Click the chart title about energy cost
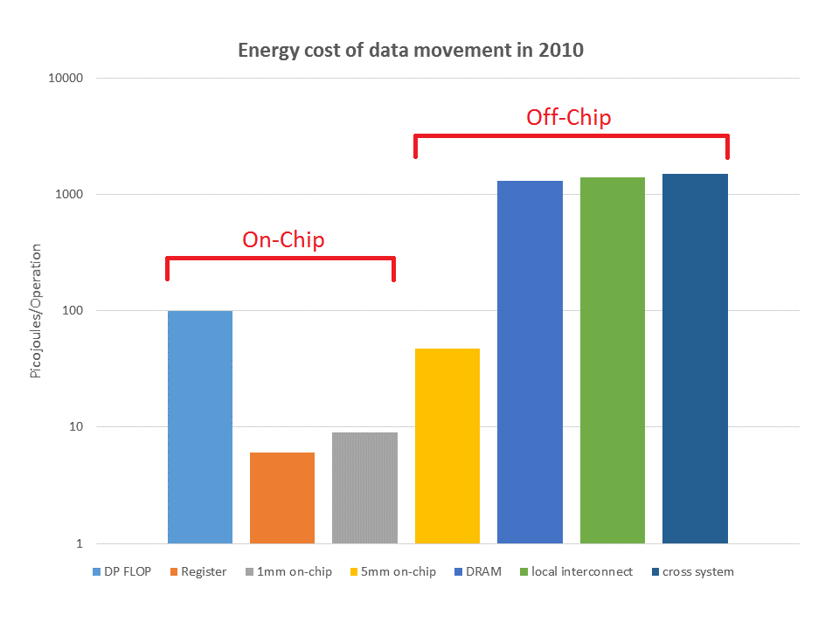click(411, 51)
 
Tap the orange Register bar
click(282, 498)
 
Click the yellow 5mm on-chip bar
click(447, 446)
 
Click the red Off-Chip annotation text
click(568, 117)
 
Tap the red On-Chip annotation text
click(283, 239)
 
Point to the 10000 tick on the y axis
click(64, 79)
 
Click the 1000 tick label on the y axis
click(67, 195)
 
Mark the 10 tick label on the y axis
click(74, 427)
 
